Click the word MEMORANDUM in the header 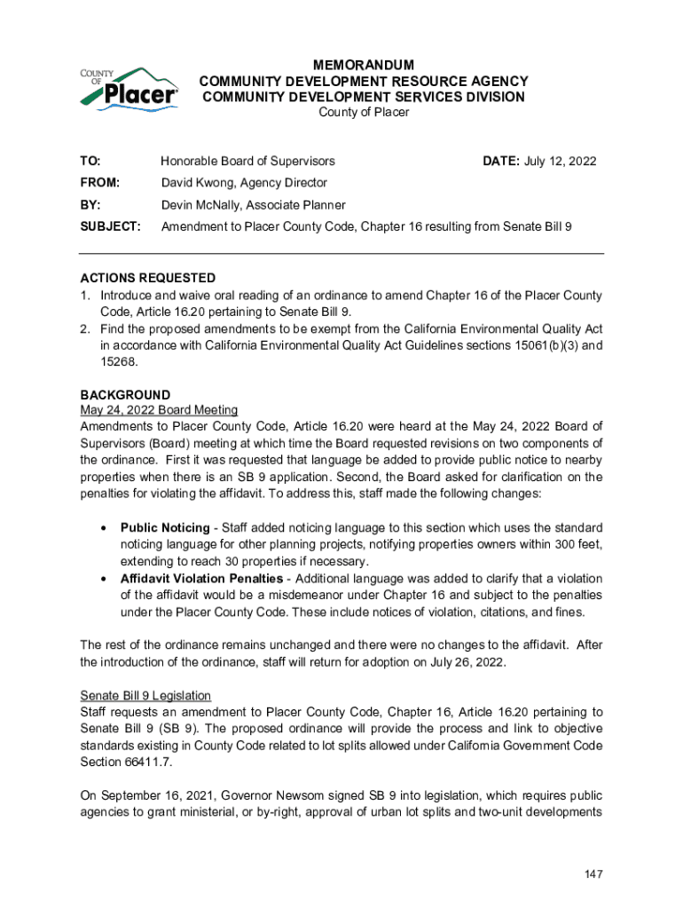click(x=364, y=66)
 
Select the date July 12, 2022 click(x=561, y=162)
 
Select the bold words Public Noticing click(x=165, y=528)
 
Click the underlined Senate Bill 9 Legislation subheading click(x=145, y=695)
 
